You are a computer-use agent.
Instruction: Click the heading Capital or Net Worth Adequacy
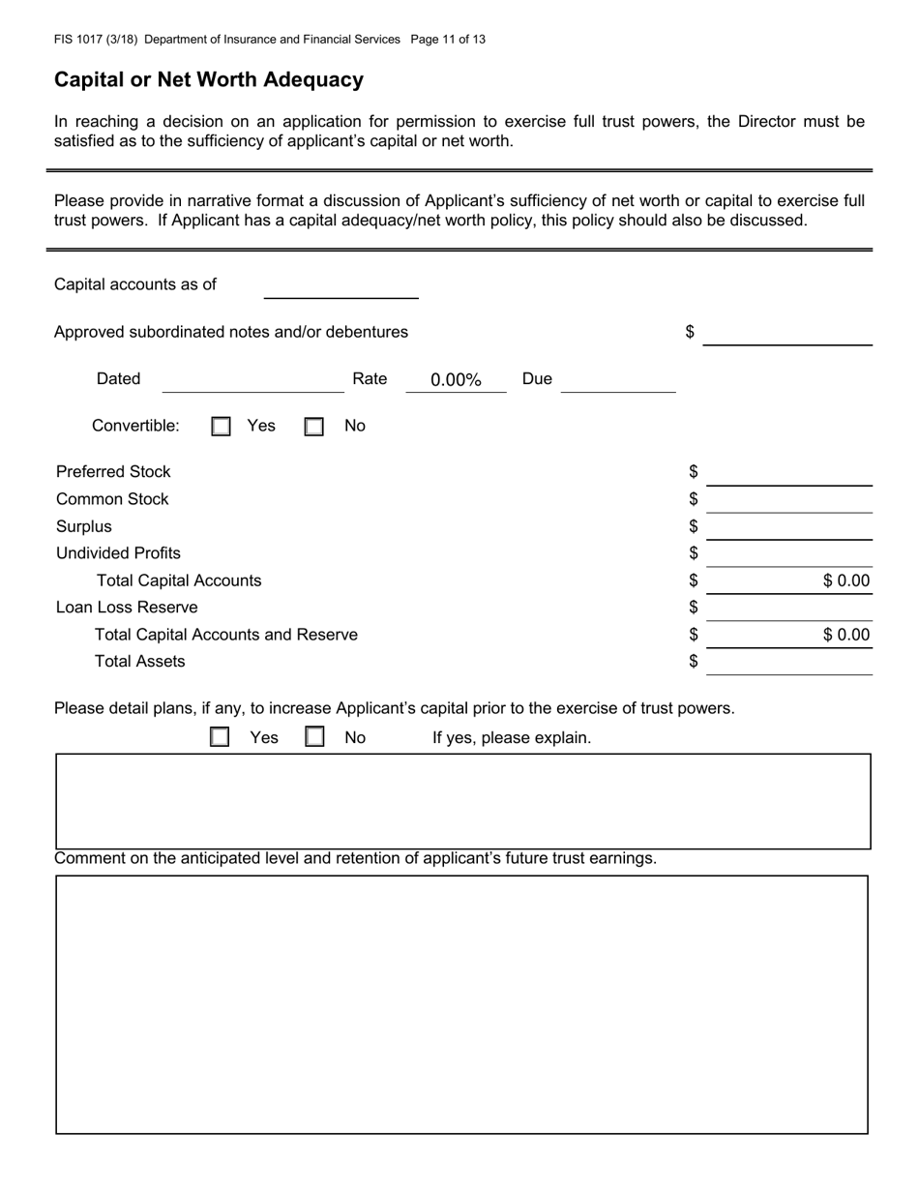point(209,80)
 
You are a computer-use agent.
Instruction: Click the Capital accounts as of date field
point(341,287)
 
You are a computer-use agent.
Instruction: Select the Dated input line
point(252,381)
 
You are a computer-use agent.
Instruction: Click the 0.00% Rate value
point(456,380)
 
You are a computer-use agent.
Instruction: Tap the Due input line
point(617,381)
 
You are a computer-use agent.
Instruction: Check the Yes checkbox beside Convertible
point(222,427)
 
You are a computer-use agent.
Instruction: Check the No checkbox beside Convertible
point(314,427)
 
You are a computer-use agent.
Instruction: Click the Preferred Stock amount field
point(789,473)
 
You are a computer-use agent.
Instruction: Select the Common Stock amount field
point(789,500)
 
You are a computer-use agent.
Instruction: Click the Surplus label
point(84,527)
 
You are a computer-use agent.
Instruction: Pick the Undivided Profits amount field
point(789,554)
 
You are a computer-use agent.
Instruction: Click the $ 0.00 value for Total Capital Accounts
point(845,581)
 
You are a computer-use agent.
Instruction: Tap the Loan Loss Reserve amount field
point(789,609)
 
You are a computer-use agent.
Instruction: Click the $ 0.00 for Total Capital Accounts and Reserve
point(845,636)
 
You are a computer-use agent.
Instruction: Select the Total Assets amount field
point(789,663)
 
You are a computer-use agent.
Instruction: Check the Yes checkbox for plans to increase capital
point(221,737)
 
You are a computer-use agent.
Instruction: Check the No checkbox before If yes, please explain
point(314,737)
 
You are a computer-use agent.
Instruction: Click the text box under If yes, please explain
point(462,801)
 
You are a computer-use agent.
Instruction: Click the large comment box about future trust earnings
point(461,1004)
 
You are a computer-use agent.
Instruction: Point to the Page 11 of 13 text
point(448,40)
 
